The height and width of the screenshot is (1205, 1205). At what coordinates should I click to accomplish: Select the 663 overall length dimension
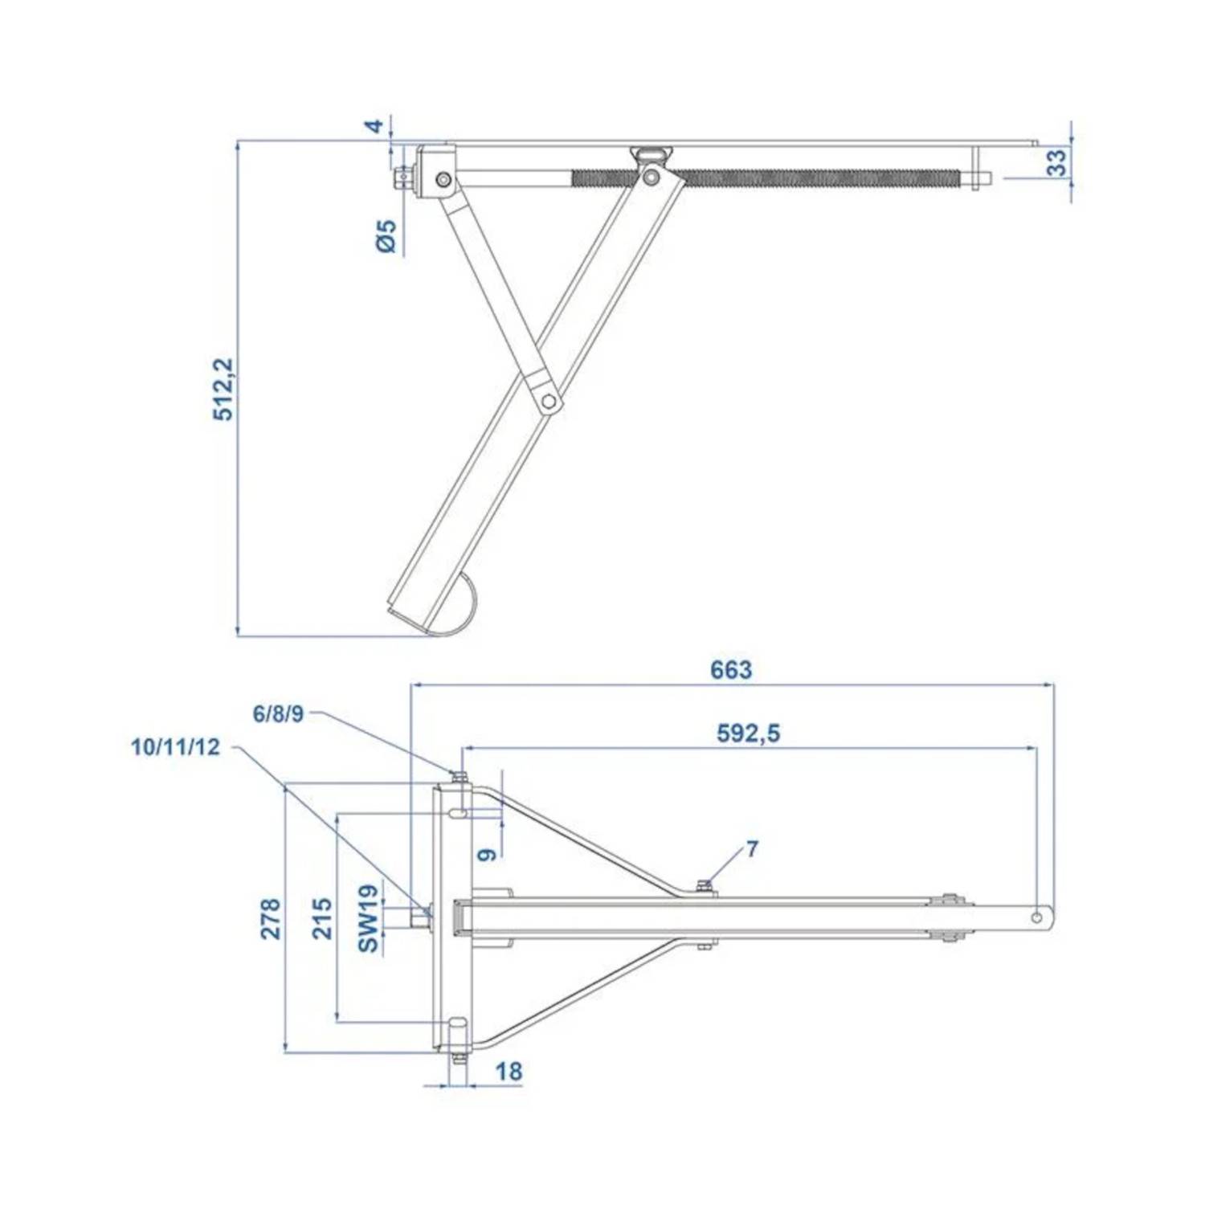(x=730, y=669)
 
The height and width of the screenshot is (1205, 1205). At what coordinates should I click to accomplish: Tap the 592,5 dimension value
(x=747, y=733)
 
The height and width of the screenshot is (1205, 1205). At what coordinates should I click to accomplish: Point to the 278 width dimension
(x=271, y=918)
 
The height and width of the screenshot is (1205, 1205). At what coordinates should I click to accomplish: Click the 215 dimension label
(x=321, y=918)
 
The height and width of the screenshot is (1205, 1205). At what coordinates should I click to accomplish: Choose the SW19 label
(x=367, y=918)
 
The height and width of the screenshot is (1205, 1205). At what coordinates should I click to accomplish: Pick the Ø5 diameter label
(x=386, y=235)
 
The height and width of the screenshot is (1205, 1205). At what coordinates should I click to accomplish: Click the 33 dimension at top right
(x=1058, y=163)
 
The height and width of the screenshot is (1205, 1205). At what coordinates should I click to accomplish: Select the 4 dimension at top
(x=374, y=126)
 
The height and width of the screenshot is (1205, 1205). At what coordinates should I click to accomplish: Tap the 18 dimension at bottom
(x=509, y=1071)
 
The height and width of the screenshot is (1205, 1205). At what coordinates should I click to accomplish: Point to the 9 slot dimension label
(x=487, y=853)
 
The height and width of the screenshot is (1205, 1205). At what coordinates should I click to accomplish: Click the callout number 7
(x=751, y=849)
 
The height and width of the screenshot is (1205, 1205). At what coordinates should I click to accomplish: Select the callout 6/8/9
(x=278, y=714)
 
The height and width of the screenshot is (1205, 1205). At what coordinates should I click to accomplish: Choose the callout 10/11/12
(x=175, y=747)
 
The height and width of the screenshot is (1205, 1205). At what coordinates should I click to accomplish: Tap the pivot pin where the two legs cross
(x=548, y=400)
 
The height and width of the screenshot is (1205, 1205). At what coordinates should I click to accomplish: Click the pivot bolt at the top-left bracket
(x=443, y=180)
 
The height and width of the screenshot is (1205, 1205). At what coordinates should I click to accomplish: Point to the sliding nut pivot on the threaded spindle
(x=652, y=176)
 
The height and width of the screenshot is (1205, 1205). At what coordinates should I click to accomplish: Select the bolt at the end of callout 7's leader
(x=704, y=886)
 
